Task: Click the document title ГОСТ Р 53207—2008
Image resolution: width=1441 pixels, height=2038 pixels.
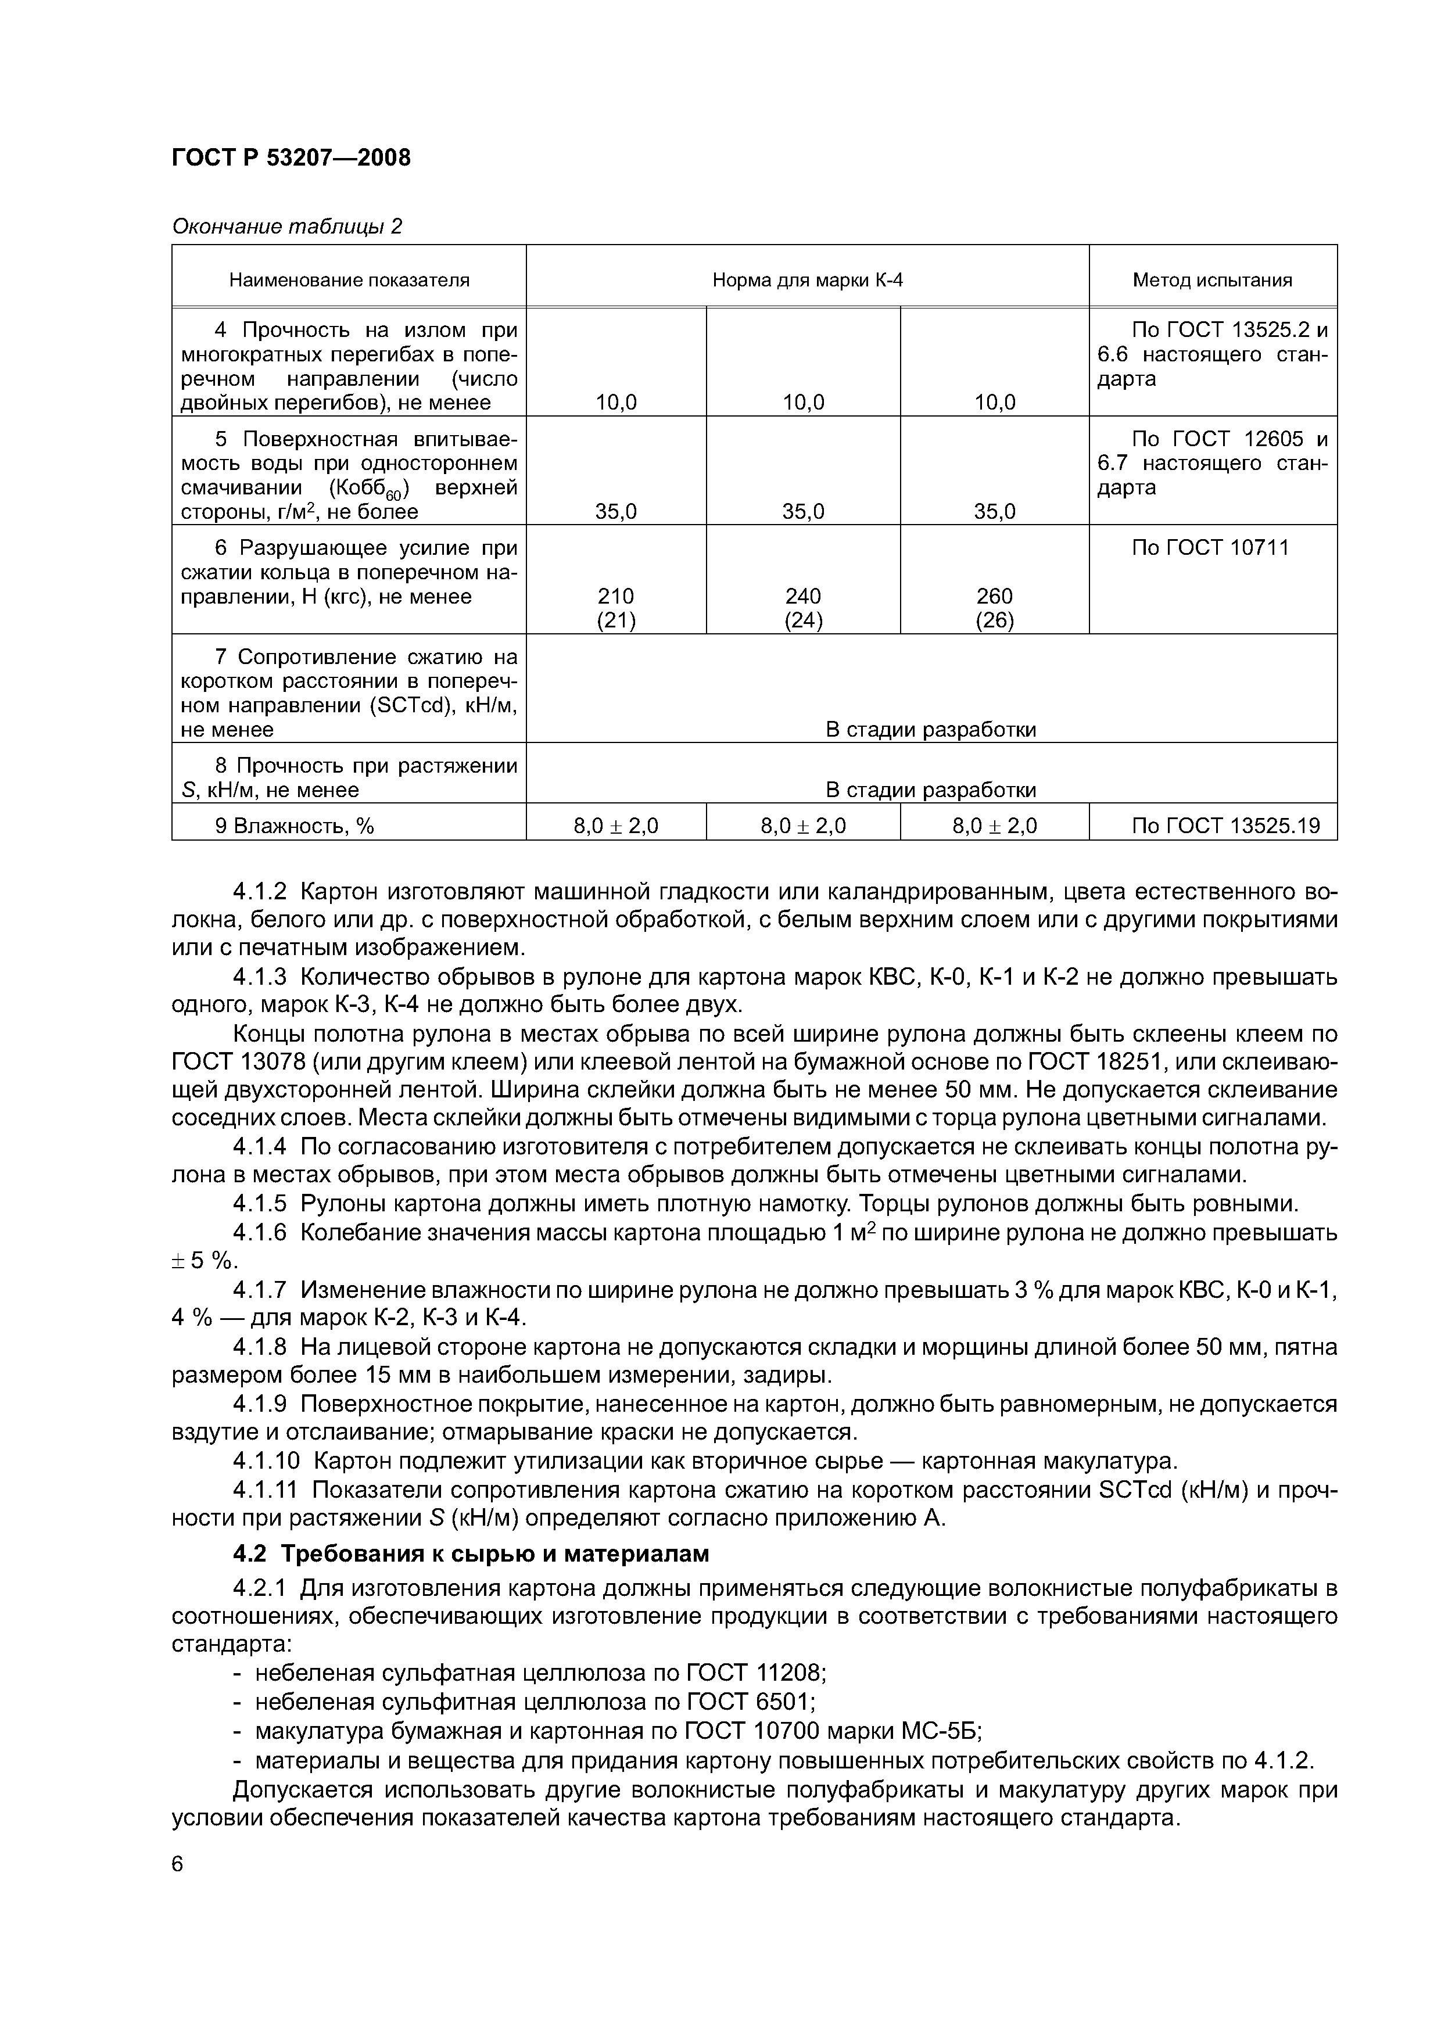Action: coord(291,158)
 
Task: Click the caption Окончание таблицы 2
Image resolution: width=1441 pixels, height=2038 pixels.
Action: coord(287,227)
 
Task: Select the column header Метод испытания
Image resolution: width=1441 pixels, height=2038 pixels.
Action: coord(1212,281)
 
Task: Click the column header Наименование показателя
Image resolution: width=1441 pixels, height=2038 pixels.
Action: coord(349,281)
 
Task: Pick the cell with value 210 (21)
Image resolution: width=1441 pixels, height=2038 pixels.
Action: coord(616,608)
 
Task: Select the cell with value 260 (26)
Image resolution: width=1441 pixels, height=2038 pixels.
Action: coord(994,608)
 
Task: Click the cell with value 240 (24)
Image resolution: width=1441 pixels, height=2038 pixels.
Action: coord(804,608)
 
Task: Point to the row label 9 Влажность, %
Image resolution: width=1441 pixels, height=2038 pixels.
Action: coord(294,826)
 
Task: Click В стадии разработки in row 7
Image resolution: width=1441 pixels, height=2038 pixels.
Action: coord(930,730)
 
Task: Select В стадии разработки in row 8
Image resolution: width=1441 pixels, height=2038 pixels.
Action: coord(930,790)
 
